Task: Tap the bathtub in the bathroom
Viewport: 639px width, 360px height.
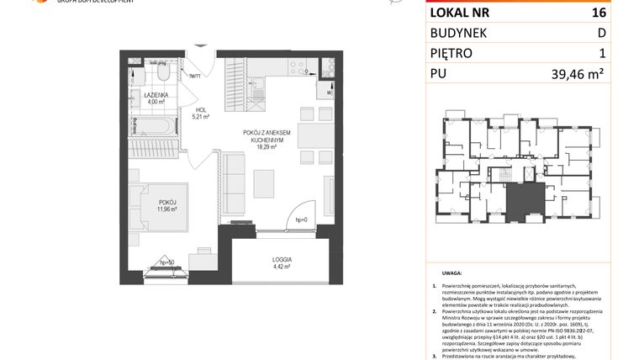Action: (154, 128)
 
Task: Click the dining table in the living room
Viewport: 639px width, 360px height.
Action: (312, 135)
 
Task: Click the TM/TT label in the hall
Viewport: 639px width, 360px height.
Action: (195, 76)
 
